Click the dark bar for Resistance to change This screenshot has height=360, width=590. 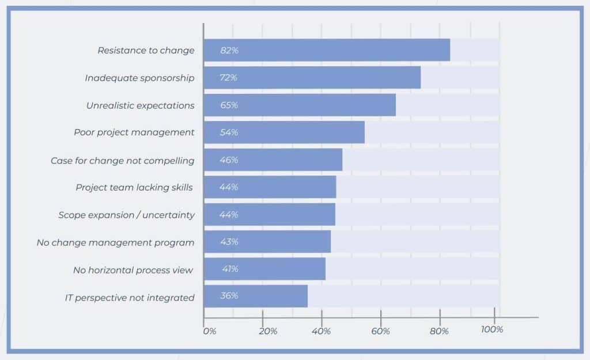pos(327,50)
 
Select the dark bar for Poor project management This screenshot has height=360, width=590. pos(284,132)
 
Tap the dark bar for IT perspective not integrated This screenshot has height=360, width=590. pos(255,296)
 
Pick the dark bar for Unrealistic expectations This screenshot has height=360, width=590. pos(300,105)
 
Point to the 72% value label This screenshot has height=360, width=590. pos(229,78)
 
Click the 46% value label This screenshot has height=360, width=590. pos(229,160)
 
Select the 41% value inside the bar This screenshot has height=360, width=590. pos(230,269)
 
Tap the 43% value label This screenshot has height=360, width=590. pos(229,242)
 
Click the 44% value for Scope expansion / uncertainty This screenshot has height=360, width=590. pos(229,214)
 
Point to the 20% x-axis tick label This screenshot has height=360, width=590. pos(267,331)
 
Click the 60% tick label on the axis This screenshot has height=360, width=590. pos(381,331)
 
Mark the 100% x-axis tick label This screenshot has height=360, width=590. pos(491,329)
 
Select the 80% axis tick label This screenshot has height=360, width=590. pos(440,331)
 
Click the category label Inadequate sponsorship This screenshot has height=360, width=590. pos(139,78)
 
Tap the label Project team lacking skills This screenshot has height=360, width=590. pos(134,187)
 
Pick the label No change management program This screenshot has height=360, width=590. pos(115,242)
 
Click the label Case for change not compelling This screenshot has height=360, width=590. pos(122,160)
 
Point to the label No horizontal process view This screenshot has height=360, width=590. pos(133,270)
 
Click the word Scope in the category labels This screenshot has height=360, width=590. pos(71,215)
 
